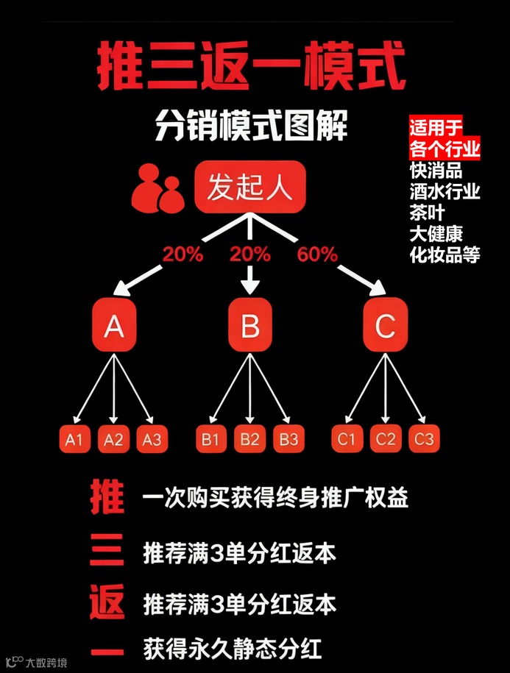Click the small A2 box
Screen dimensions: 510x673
click(x=113, y=440)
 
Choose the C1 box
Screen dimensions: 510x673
click(x=347, y=440)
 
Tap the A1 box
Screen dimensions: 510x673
click(x=74, y=440)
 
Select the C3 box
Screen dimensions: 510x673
click(x=425, y=440)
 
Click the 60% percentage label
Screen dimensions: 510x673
click(x=317, y=255)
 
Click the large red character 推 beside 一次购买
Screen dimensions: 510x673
click(x=107, y=498)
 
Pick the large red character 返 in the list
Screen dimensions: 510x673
click(x=107, y=603)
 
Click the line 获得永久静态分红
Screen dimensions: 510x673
click(x=233, y=650)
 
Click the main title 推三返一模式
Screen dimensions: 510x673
click(x=251, y=68)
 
